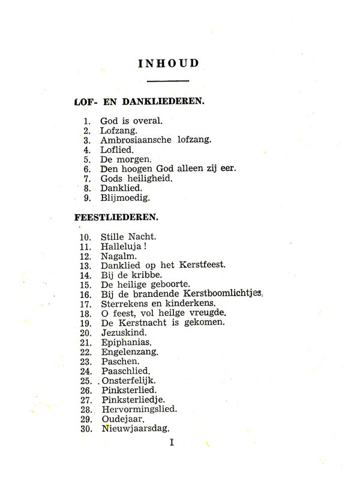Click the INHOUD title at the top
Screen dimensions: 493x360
click(168, 63)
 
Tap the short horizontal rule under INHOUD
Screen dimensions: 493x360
click(168, 80)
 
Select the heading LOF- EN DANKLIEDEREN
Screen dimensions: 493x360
click(139, 101)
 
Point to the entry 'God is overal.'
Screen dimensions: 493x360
click(131, 121)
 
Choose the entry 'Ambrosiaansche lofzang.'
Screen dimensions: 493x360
click(155, 140)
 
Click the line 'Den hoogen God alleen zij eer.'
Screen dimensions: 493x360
click(168, 169)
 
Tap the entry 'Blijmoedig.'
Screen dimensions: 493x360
click(125, 197)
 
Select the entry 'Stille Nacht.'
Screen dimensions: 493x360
click(128, 236)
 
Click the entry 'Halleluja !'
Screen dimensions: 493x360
click(124, 246)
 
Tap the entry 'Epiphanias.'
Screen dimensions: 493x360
click(126, 342)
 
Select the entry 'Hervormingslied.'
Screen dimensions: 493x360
click(139, 409)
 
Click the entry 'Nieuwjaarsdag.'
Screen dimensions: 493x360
click(136, 428)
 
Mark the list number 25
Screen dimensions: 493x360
click(85, 381)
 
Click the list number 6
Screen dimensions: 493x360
click(87, 169)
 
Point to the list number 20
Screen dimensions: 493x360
click(85, 332)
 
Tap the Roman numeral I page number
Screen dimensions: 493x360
click(172, 443)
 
